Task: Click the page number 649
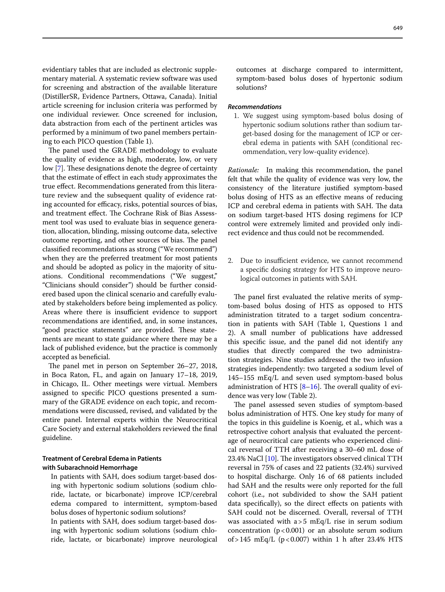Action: coord(398,28)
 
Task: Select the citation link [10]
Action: coord(271,458)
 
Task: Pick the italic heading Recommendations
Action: coord(254,107)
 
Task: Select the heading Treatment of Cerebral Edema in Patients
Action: coord(102,458)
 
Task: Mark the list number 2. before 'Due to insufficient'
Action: coord(230,261)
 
